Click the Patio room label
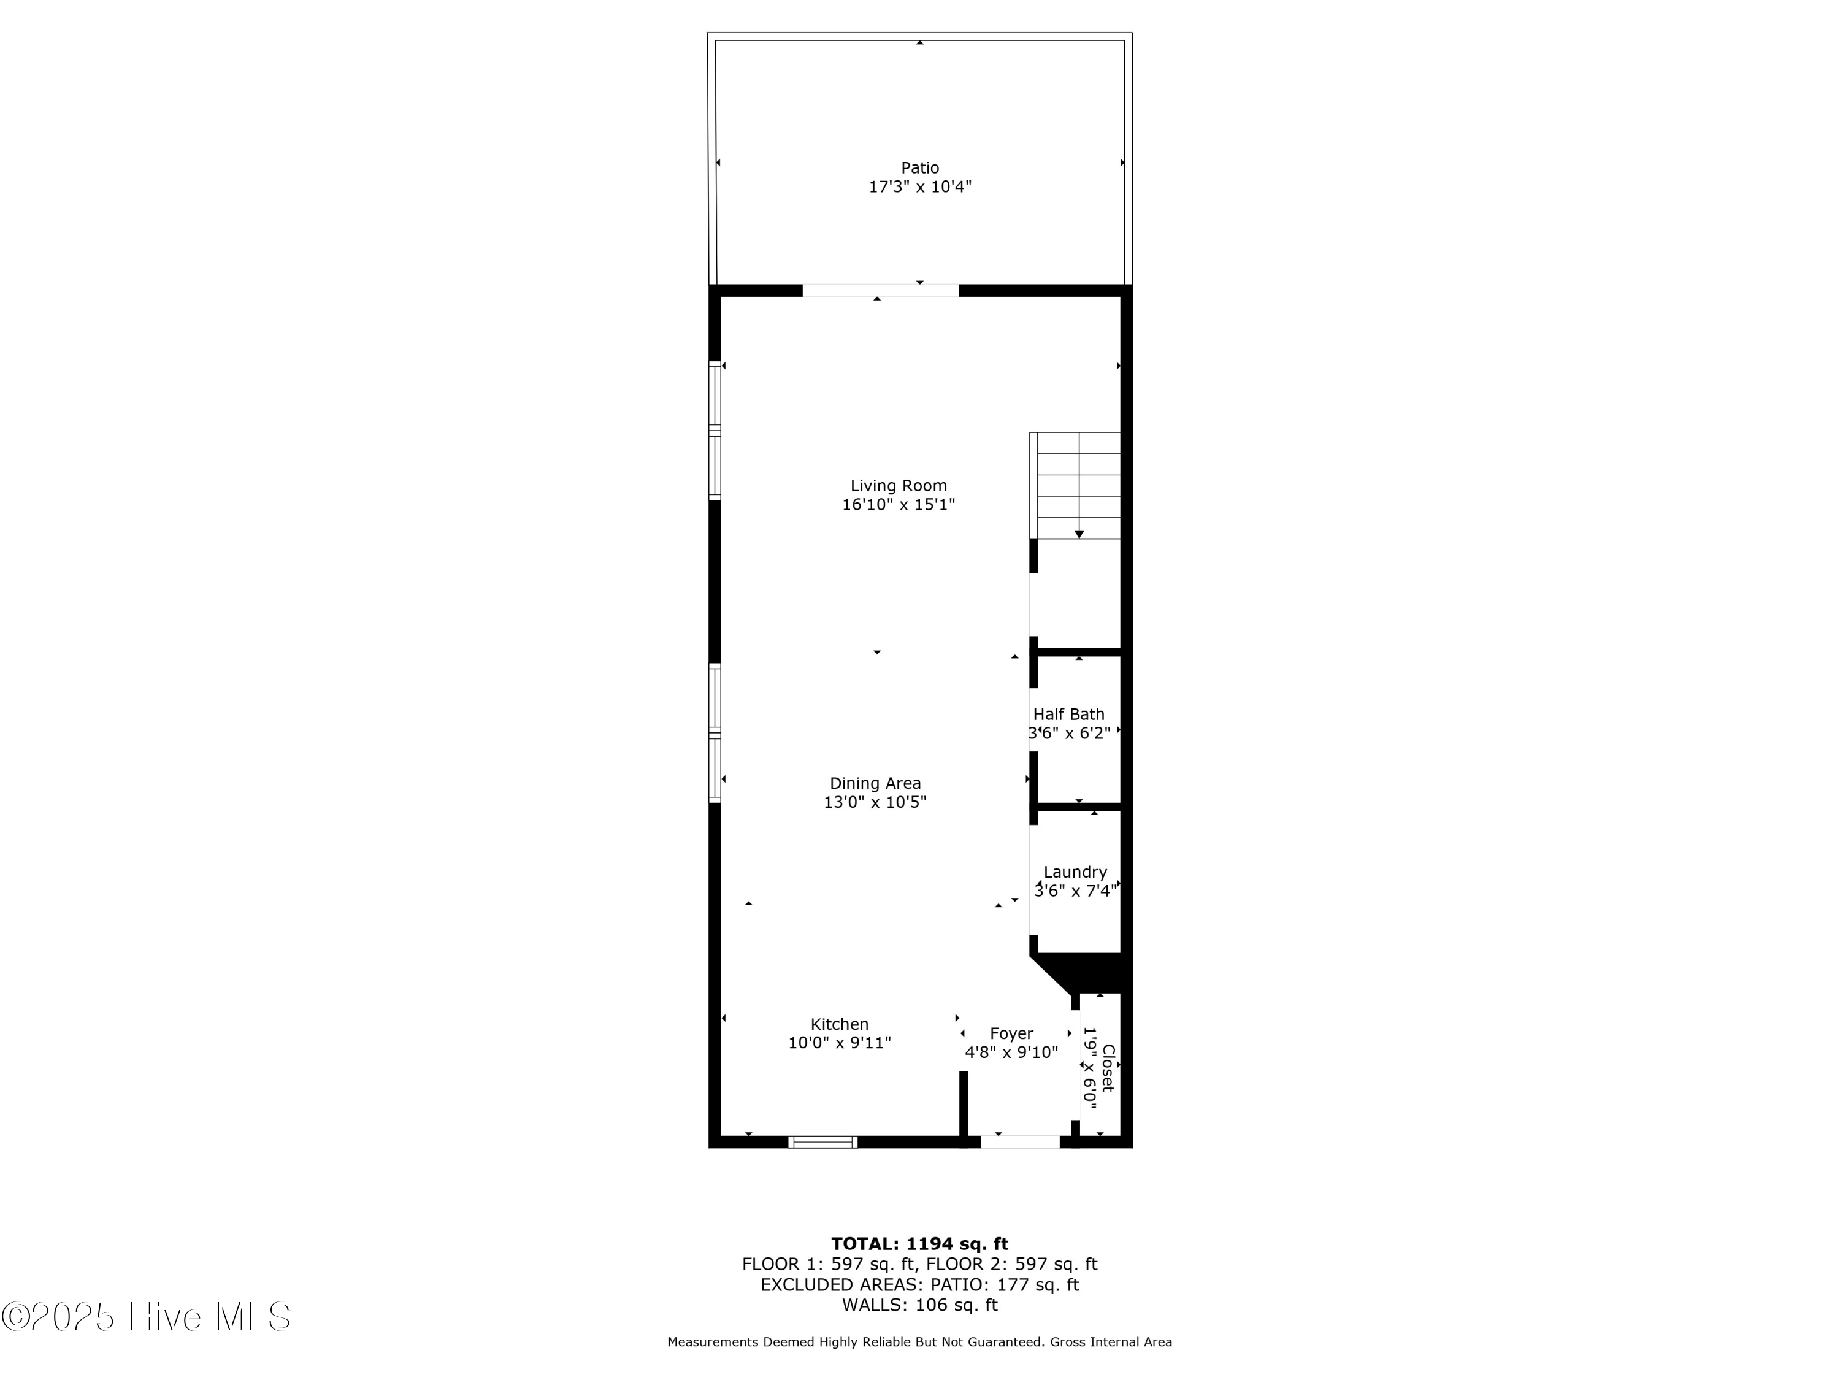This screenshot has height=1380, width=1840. pyautogui.click(x=920, y=168)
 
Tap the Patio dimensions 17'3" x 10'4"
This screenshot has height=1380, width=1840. pyautogui.click(x=920, y=187)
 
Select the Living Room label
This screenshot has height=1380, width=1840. pyautogui.click(x=899, y=486)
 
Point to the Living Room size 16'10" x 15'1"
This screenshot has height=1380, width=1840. pyautogui.click(x=899, y=505)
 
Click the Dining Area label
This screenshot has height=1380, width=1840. pyautogui.click(x=875, y=784)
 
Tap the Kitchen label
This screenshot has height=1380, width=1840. pyautogui.click(x=839, y=1025)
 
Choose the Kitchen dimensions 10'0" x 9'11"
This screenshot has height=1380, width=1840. pyautogui.click(x=839, y=1043)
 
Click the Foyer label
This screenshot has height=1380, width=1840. pyautogui.click(x=1011, y=1034)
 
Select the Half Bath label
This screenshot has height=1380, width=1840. pyautogui.click(x=1069, y=715)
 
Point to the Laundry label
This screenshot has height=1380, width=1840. pyautogui.click(x=1075, y=873)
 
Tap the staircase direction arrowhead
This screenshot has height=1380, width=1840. pyautogui.click(x=1079, y=534)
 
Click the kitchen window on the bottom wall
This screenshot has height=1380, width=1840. pyautogui.click(x=822, y=1142)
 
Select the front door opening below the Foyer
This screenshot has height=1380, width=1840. pyautogui.click(x=1020, y=1142)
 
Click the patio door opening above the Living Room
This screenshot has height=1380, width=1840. pyautogui.click(x=880, y=290)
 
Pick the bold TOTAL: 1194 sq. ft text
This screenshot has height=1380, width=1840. pyautogui.click(x=920, y=1244)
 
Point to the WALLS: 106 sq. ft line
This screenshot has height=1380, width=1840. pyautogui.click(x=920, y=1305)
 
